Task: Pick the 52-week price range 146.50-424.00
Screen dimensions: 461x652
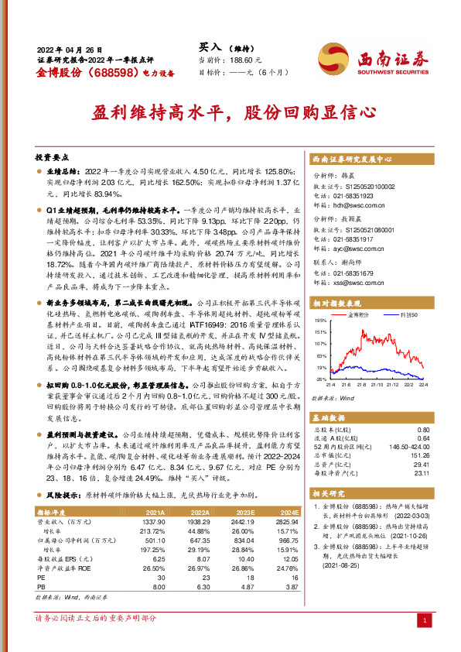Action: tap(403, 447)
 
